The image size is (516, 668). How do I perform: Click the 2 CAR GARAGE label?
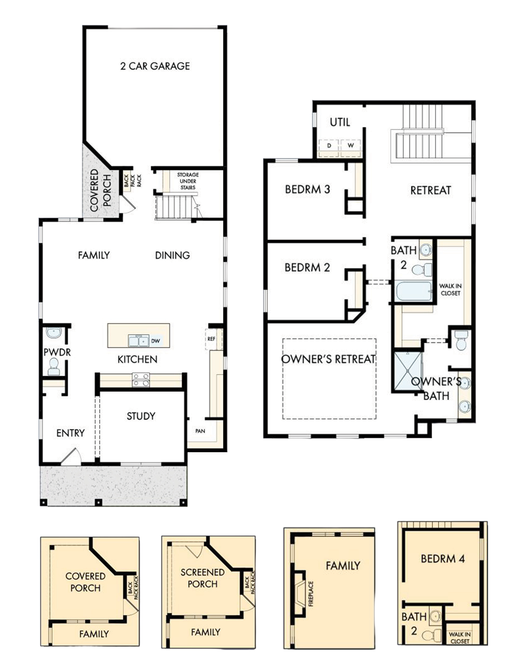tap(155, 66)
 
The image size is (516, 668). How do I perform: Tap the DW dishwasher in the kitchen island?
tap(156, 341)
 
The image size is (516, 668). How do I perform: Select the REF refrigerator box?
tap(212, 339)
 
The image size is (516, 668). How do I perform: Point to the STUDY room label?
tap(141, 416)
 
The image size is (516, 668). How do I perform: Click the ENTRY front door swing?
tap(71, 456)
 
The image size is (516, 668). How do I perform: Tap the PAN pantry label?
tap(200, 431)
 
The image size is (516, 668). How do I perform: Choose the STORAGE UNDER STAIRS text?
tap(188, 181)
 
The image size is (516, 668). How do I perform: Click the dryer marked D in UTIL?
tap(329, 146)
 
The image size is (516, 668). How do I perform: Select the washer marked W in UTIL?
tap(351, 146)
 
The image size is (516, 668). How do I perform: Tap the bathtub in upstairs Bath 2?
tap(413, 291)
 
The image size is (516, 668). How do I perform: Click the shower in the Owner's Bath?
tap(408, 371)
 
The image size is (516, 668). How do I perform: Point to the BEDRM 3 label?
tap(308, 189)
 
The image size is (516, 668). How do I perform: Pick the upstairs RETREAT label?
tap(431, 190)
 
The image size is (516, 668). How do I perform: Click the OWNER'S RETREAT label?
tap(328, 359)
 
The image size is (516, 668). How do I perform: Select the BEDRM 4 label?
tap(443, 559)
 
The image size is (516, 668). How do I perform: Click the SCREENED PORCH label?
tap(202, 578)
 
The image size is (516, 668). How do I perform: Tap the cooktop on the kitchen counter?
tap(141, 379)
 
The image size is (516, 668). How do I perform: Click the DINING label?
tap(172, 255)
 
